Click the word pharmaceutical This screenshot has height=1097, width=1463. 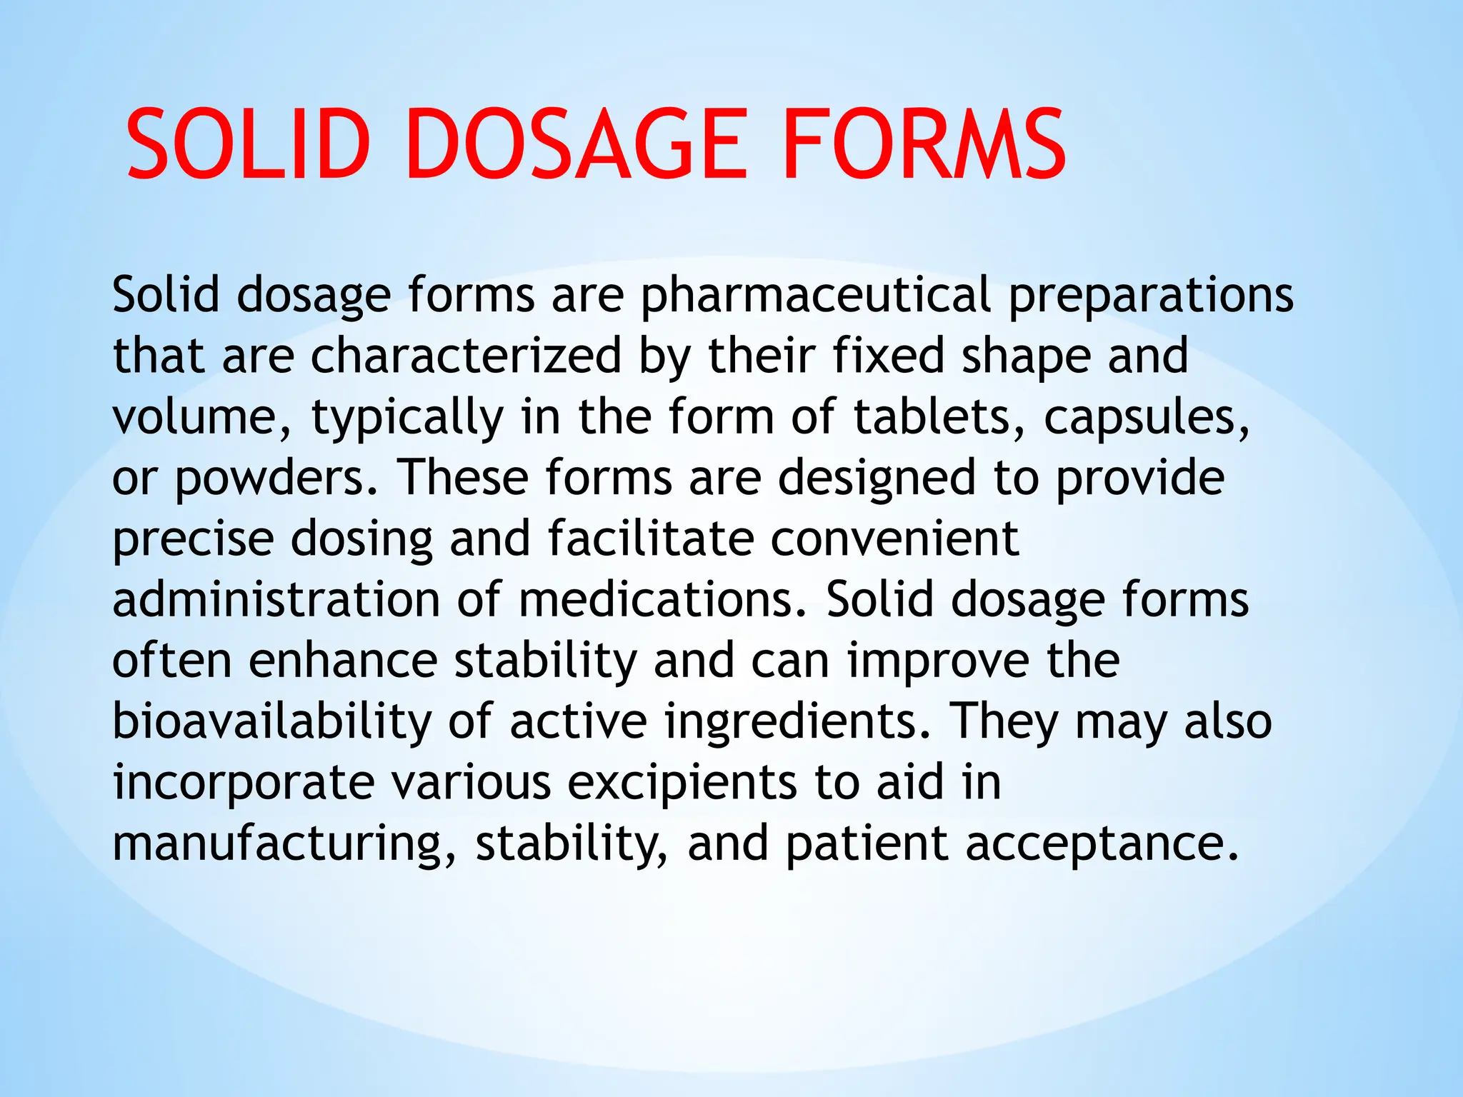(815, 296)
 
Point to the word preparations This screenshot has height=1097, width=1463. (1150, 296)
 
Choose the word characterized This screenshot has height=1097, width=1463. (465, 356)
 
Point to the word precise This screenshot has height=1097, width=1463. (193, 539)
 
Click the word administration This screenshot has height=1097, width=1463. (276, 600)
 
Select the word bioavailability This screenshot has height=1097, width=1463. (271, 721)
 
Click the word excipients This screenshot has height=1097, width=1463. (681, 783)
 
